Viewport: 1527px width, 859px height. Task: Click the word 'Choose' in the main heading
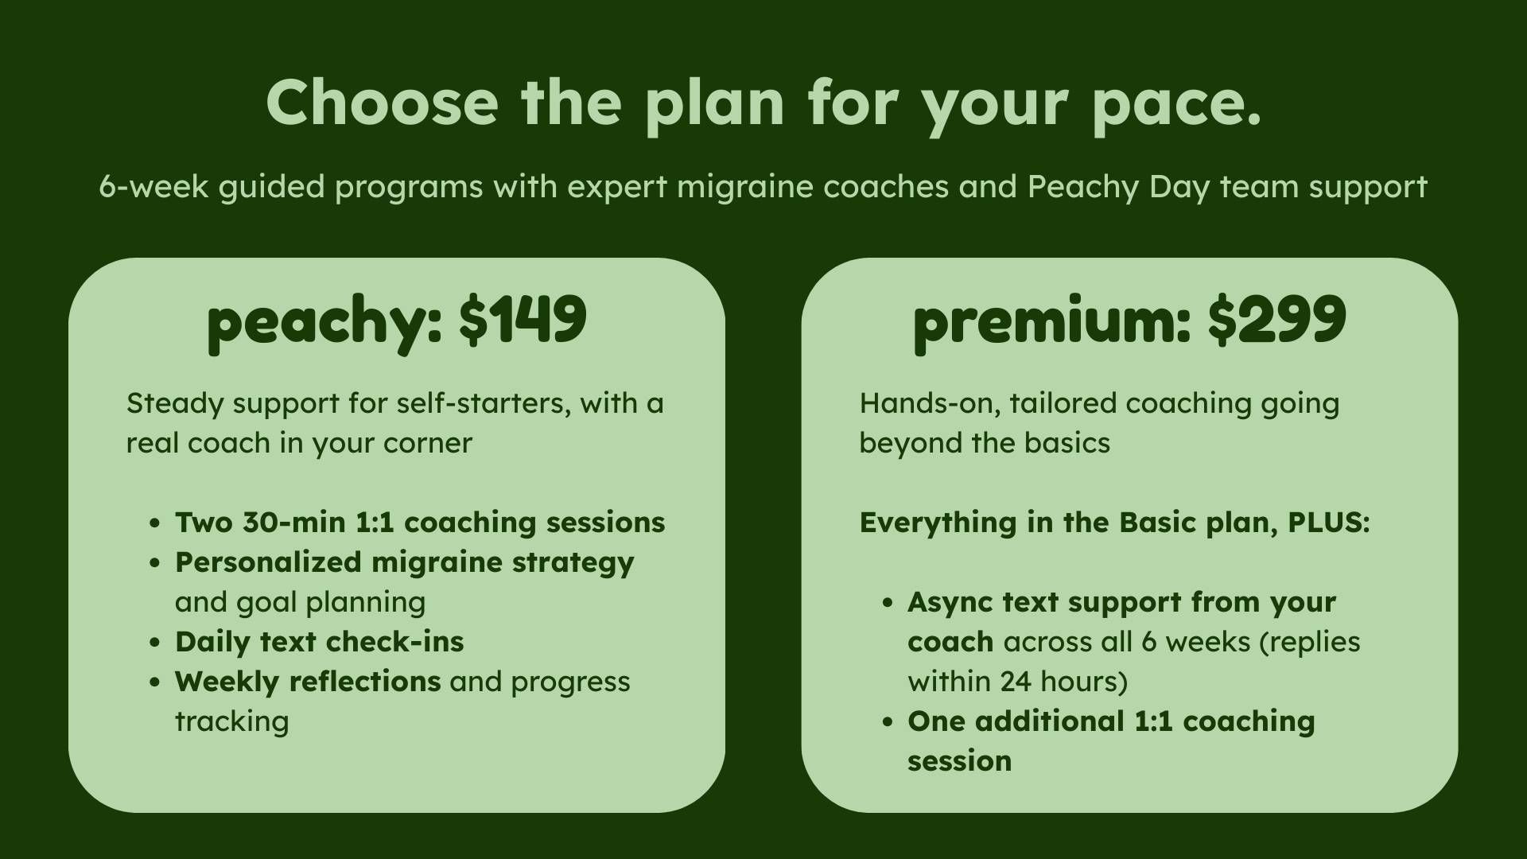382,103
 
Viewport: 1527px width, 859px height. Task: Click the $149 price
523,320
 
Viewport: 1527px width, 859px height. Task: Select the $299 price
1276,320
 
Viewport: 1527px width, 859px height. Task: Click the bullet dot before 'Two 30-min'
155,524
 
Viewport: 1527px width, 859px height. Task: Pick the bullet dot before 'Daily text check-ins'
155,643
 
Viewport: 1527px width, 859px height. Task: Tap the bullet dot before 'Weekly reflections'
155,683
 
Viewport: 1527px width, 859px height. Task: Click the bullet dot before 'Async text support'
888,604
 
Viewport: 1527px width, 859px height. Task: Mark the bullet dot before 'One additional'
888,723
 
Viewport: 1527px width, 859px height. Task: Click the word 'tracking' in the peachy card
231,723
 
